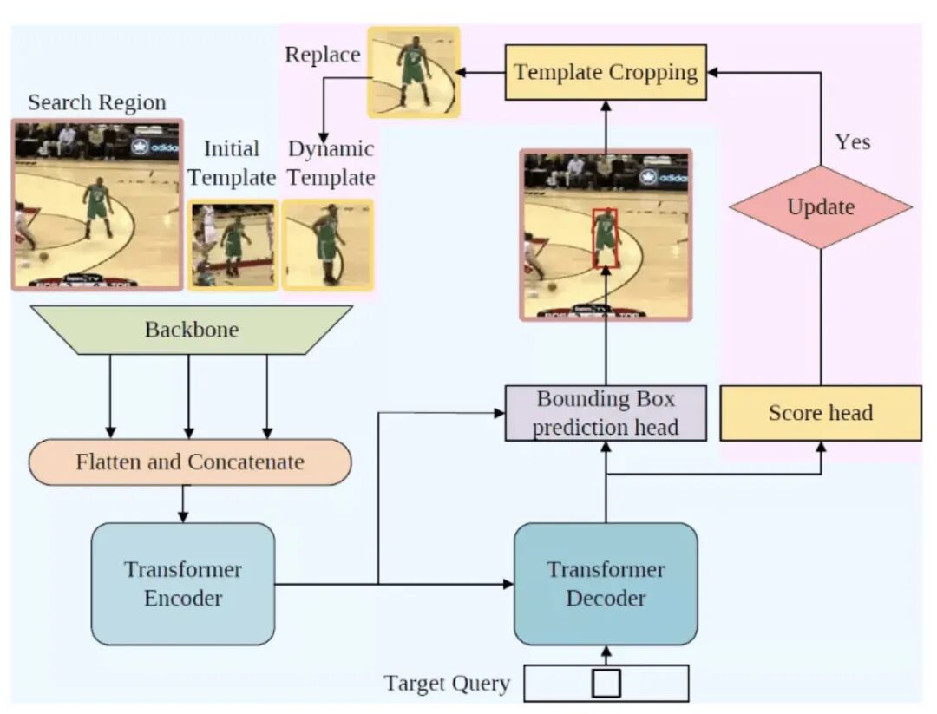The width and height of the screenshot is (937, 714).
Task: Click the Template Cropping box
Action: pyautogui.click(x=606, y=72)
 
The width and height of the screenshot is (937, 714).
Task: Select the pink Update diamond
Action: pyautogui.click(x=820, y=207)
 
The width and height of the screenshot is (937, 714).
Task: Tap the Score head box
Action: pyautogui.click(x=820, y=413)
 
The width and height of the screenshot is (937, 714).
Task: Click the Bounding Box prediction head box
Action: pyautogui.click(x=606, y=413)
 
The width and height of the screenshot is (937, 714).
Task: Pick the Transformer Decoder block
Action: pyautogui.click(x=606, y=584)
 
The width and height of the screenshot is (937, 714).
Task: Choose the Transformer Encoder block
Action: pyautogui.click(x=183, y=584)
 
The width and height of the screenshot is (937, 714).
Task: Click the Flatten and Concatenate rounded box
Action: pyautogui.click(x=190, y=462)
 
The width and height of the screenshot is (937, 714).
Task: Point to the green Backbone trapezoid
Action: pyautogui.click(x=191, y=330)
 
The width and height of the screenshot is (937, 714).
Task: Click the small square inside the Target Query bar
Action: pyautogui.click(x=606, y=683)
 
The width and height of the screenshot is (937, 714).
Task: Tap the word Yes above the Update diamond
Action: pyautogui.click(x=852, y=141)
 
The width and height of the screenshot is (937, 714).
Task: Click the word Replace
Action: pyautogui.click(x=323, y=55)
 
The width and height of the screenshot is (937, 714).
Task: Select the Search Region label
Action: pyautogui.click(x=96, y=102)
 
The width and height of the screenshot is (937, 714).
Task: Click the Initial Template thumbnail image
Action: pyautogui.click(x=233, y=245)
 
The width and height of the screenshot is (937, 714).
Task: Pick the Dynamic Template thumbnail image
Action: pyautogui.click(x=328, y=245)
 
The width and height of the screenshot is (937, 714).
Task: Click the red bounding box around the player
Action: pyautogui.click(x=605, y=237)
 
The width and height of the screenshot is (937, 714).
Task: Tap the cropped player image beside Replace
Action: pyautogui.click(x=413, y=72)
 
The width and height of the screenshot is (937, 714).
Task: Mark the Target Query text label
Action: pyautogui.click(x=447, y=684)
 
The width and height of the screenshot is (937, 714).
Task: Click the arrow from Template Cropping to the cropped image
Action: pyautogui.click(x=482, y=72)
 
